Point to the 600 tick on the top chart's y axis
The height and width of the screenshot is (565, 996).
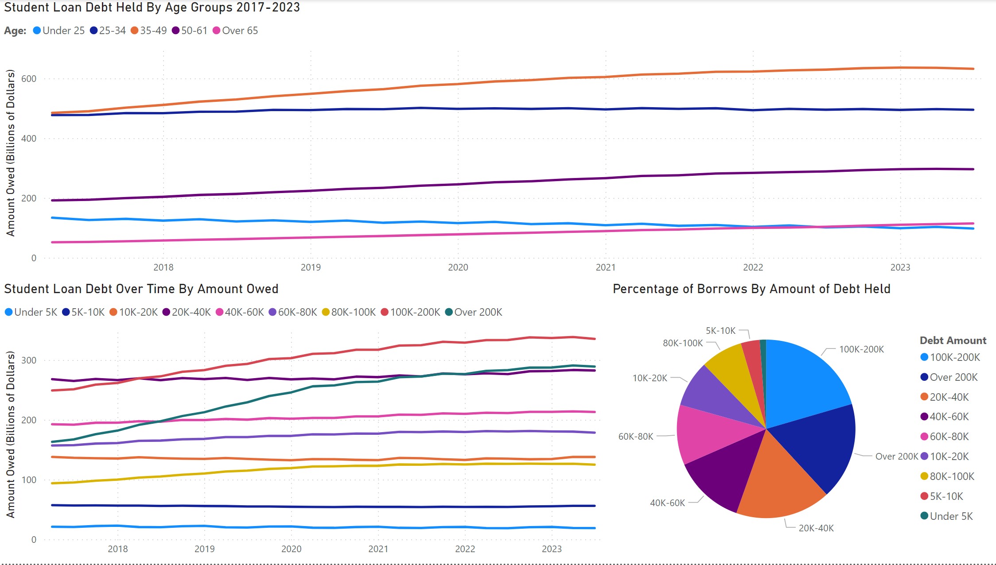coord(29,79)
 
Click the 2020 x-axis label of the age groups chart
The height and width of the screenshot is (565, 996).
coord(458,267)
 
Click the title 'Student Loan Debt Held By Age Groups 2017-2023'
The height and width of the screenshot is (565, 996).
coord(152,8)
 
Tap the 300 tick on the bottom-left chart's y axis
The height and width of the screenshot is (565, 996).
coord(29,360)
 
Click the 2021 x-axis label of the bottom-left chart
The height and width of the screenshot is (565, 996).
coord(378,549)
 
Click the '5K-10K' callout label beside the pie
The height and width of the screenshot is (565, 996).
coord(720,331)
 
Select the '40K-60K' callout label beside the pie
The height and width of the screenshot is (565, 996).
coord(667,503)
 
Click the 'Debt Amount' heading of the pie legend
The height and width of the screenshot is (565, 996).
coord(953,341)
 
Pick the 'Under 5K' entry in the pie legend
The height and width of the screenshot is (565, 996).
coord(951,516)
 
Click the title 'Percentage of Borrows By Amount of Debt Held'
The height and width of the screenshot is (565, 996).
coord(751,289)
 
